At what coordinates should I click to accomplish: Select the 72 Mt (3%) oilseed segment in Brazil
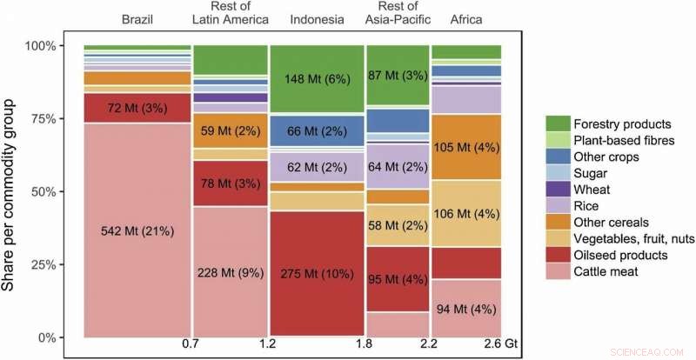[x=137, y=108]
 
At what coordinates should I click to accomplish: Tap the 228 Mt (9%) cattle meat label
[x=230, y=272]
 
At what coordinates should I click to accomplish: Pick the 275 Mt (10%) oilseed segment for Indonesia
[x=316, y=272]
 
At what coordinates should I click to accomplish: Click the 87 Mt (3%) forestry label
[x=398, y=75]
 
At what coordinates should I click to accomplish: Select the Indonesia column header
[x=316, y=17]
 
